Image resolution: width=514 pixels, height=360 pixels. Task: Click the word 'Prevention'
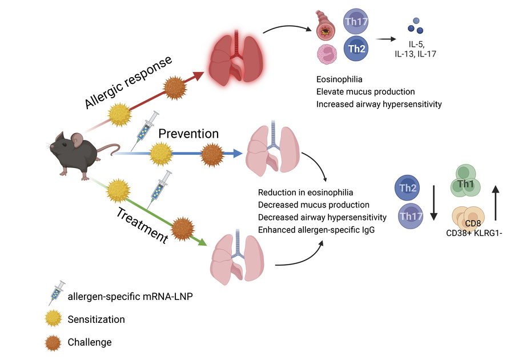(x=188, y=134)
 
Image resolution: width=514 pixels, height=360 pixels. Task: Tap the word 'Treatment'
(x=142, y=226)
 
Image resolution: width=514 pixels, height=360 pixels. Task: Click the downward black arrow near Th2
(x=433, y=200)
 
